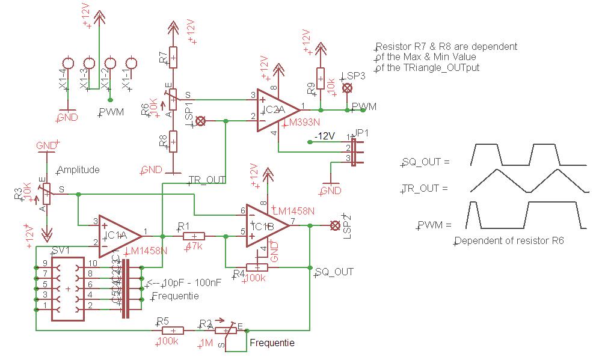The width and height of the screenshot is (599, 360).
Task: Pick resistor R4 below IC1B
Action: click(257, 267)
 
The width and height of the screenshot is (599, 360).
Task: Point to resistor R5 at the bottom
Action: click(173, 330)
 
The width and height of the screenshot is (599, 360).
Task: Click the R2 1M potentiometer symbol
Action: click(226, 330)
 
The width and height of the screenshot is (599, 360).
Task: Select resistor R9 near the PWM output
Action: click(321, 78)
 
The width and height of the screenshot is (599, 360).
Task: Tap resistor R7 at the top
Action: click(173, 58)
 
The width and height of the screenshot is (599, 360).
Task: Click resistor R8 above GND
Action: click(173, 142)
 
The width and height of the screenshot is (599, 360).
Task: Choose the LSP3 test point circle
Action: click(347, 88)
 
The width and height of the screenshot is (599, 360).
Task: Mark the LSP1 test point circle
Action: click(201, 121)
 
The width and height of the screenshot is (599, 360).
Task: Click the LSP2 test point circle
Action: click(335, 225)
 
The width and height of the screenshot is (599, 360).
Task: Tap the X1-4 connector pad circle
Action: click(69, 63)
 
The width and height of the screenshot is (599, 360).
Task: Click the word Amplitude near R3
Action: click(78, 170)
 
